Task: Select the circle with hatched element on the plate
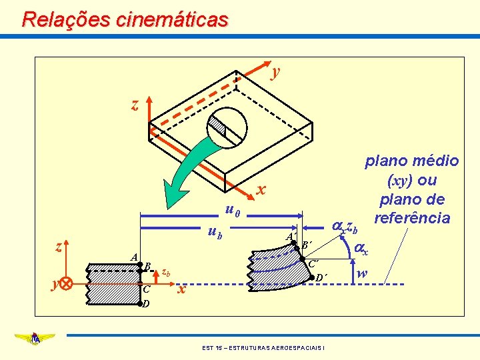coord(226,127)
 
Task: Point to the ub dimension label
coord(214,233)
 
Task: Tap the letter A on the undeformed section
coord(134,257)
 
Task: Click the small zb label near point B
coord(167,272)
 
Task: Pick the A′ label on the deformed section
coord(291,237)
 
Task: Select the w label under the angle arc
coord(361,273)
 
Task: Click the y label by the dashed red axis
coord(275,71)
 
